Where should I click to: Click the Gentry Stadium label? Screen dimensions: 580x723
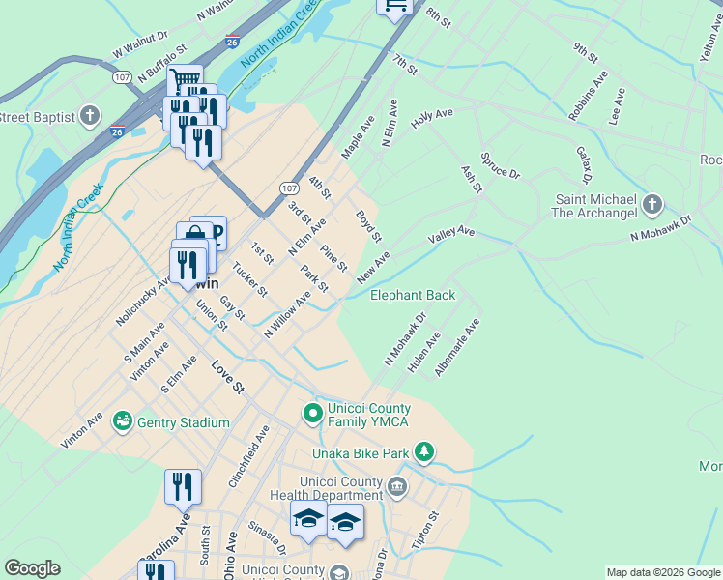pos(184,422)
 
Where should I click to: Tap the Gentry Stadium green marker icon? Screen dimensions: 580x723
pos(123,421)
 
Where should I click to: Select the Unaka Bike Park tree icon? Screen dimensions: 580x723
pos(423,451)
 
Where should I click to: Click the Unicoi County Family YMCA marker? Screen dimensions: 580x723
pos(312,415)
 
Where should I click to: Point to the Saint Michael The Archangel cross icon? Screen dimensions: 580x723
pos(652,205)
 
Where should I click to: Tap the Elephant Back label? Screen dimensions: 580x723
pos(413,295)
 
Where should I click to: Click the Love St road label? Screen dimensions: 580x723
pos(227,378)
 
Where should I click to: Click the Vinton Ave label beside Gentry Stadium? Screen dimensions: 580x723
pos(82,430)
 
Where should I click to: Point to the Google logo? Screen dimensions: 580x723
pos(33,568)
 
